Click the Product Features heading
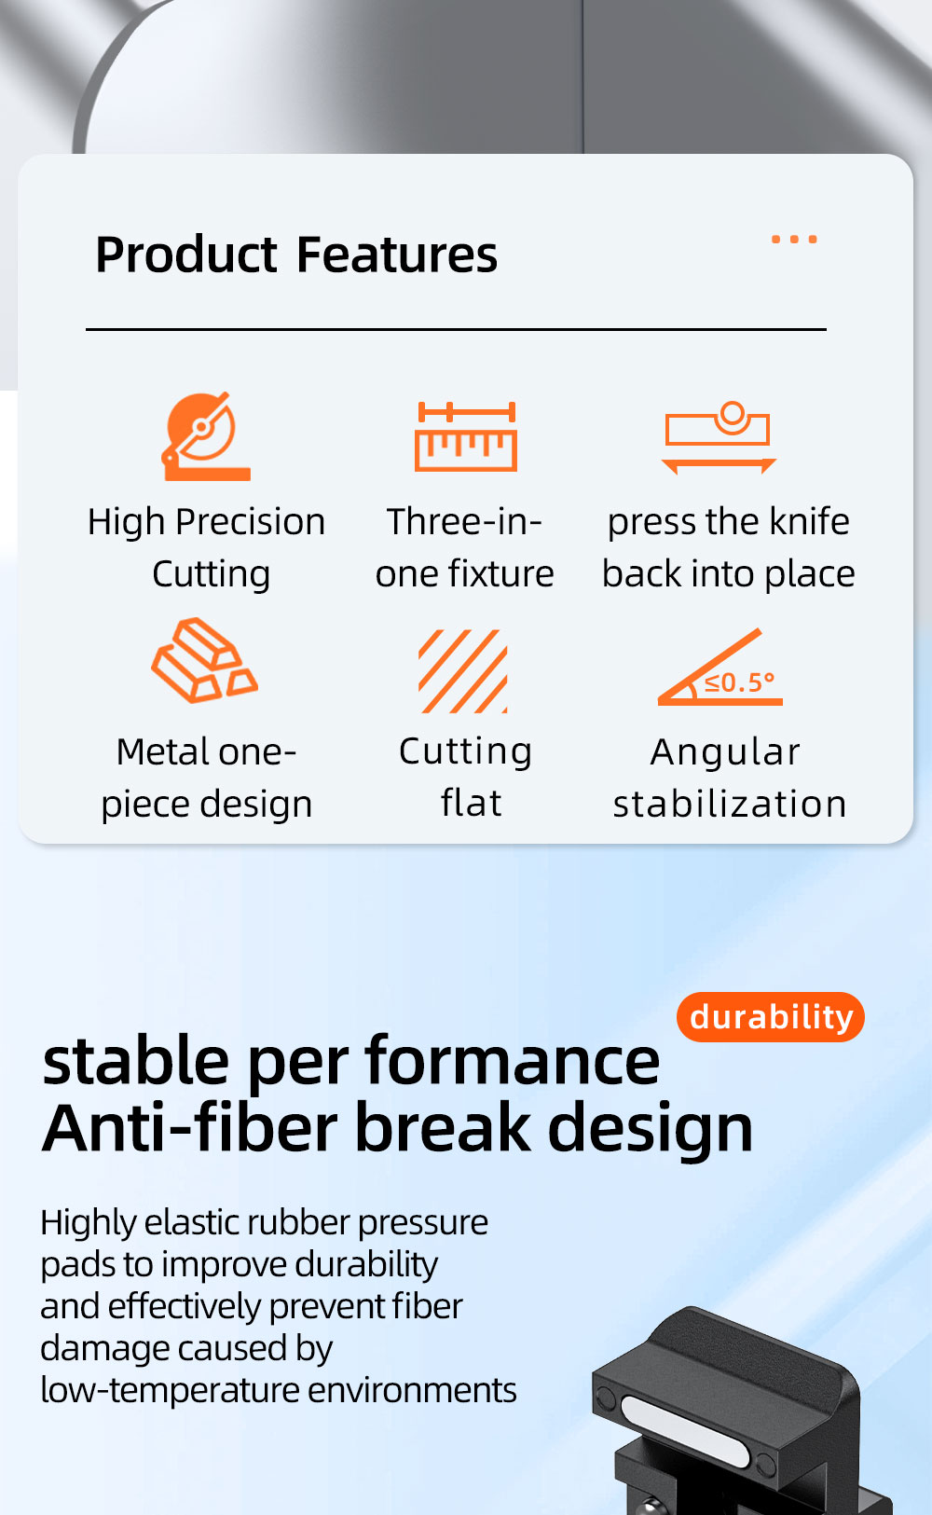click(x=296, y=255)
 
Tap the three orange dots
click(x=794, y=239)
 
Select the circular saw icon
click(x=206, y=436)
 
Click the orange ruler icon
click(x=465, y=436)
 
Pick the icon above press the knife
click(x=719, y=437)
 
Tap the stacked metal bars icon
click(x=204, y=660)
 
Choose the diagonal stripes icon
click(x=463, y=671)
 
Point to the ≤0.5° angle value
click(x=738, y=682)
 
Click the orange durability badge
click(x=771, y=1016)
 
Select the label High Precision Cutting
click(x=207, y=548)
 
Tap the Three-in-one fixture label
click(x=465, y=548)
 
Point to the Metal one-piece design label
click(x=207, y=778)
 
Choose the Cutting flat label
click(x=465, y=778)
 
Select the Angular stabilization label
click(x=729, y=778)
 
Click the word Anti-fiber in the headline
click(x=189, y=1128)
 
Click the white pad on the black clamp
click(x=685, y=1431)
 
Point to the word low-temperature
click(x=169, y=1391)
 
